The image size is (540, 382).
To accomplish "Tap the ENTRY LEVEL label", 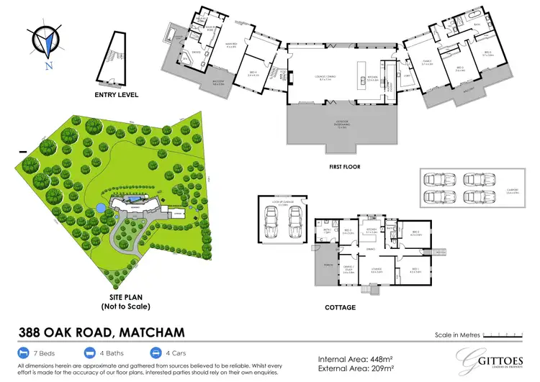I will coord(116,94).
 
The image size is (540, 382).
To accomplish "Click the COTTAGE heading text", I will coord(340,307).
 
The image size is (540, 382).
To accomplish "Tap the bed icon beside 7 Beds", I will coord(23,353).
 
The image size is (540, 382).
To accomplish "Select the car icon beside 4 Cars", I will coord(156,353).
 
